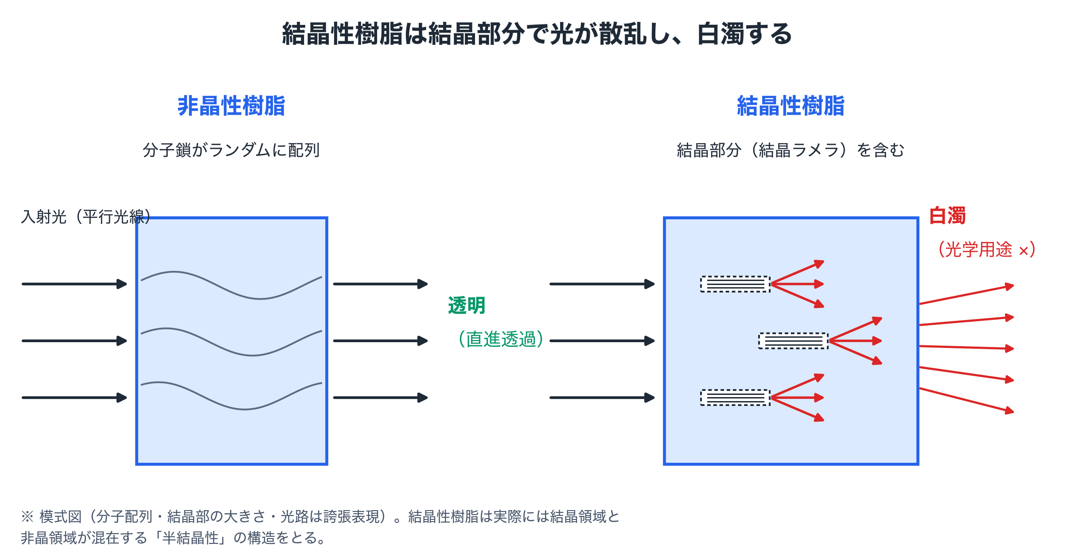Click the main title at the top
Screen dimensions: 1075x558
pos(537,34)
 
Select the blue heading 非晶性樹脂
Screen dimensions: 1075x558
pos(231,106)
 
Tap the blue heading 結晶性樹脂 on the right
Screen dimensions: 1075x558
pos(791,106)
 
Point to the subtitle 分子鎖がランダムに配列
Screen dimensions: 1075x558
pos(231,150)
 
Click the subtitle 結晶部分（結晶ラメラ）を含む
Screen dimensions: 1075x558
pos(791,150)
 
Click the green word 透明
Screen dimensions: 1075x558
pos(467,305)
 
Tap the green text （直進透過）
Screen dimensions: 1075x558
pos(501,339)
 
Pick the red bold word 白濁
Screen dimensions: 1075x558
pos(947,216)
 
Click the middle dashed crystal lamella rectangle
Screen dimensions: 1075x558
pos(793,341)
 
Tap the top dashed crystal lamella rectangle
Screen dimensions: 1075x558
pos(735,284)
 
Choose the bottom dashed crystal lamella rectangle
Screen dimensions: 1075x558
pos(735,398)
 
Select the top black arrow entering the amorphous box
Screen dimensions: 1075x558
pos(74,284)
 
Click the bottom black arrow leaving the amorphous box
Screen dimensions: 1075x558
pos(381,398)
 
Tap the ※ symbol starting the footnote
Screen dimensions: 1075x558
pos(27,516)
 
